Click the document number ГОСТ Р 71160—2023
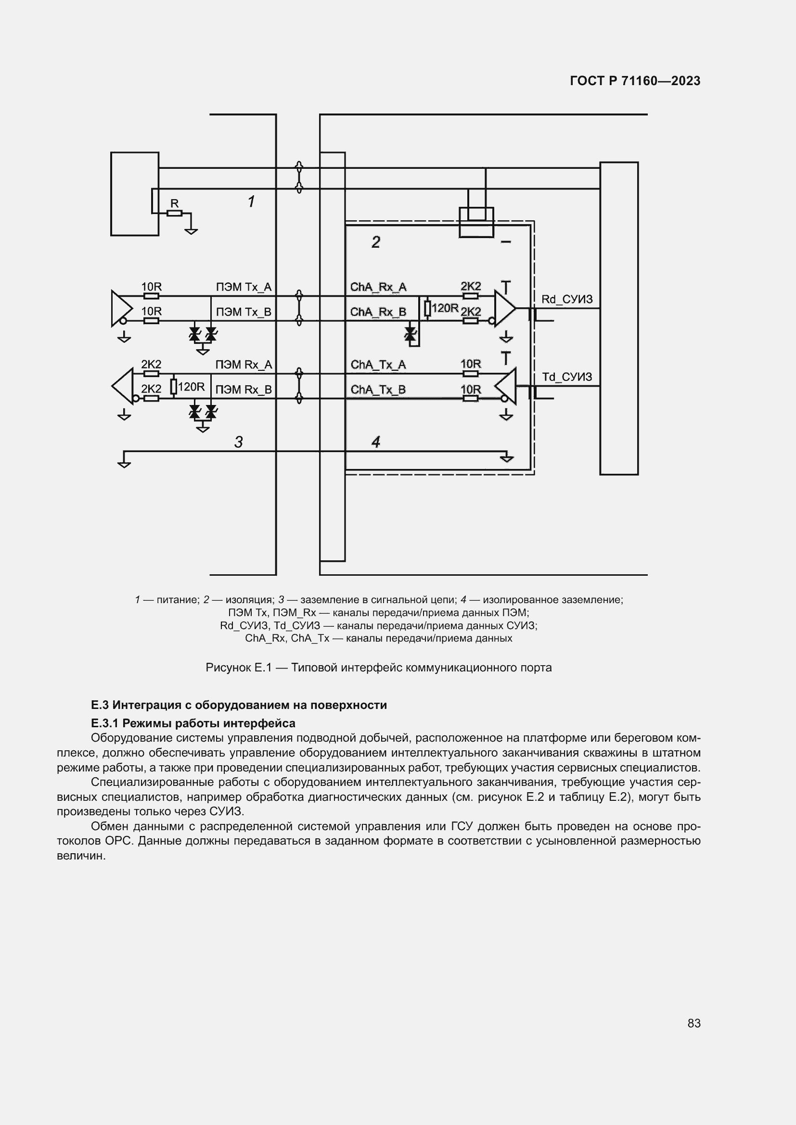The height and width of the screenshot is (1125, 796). click(635, 81)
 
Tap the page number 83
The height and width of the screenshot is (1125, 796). click(693, 1023)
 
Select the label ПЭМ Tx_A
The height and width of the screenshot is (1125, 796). click(244, 287)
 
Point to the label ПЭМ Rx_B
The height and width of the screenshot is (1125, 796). click(244, 390)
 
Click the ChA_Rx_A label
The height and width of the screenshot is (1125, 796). click(378, 287)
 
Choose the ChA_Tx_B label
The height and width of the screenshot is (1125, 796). click(378, 390)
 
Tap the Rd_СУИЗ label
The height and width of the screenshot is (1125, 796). click(566, 299)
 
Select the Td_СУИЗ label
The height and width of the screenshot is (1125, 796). click(566, 377)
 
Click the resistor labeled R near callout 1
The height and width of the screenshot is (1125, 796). click(175, 213)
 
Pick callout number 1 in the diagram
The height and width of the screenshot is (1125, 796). click(251, 202)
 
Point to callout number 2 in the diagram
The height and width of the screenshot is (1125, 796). click(376, 242)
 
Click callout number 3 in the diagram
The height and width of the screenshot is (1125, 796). click(239, 442)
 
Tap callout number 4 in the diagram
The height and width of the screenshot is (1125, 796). click(376, 442)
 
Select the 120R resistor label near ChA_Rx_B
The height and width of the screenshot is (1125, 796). click(445, 308)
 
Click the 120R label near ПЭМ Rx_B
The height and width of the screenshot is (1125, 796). click(191, 387)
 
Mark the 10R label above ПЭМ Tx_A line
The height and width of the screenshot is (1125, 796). click(152, 287)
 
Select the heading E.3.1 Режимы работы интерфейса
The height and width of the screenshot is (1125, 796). click(193, 723)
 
